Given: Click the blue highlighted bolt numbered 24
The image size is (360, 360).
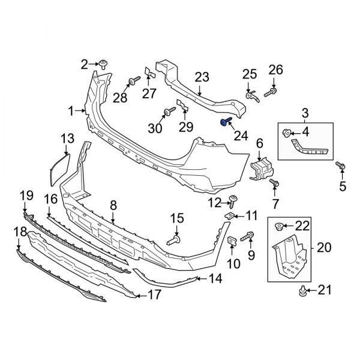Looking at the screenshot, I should [x=226, y=123].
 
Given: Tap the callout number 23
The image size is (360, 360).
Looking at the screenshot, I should [x=202, y=77].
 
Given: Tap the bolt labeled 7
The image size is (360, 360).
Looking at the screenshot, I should [x=275, y=182].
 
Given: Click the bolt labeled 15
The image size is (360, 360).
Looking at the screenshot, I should [x=173, y=240].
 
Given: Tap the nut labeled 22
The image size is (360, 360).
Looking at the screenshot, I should [x=278, y=226].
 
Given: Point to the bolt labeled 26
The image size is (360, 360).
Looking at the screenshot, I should [x=275, y=92].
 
